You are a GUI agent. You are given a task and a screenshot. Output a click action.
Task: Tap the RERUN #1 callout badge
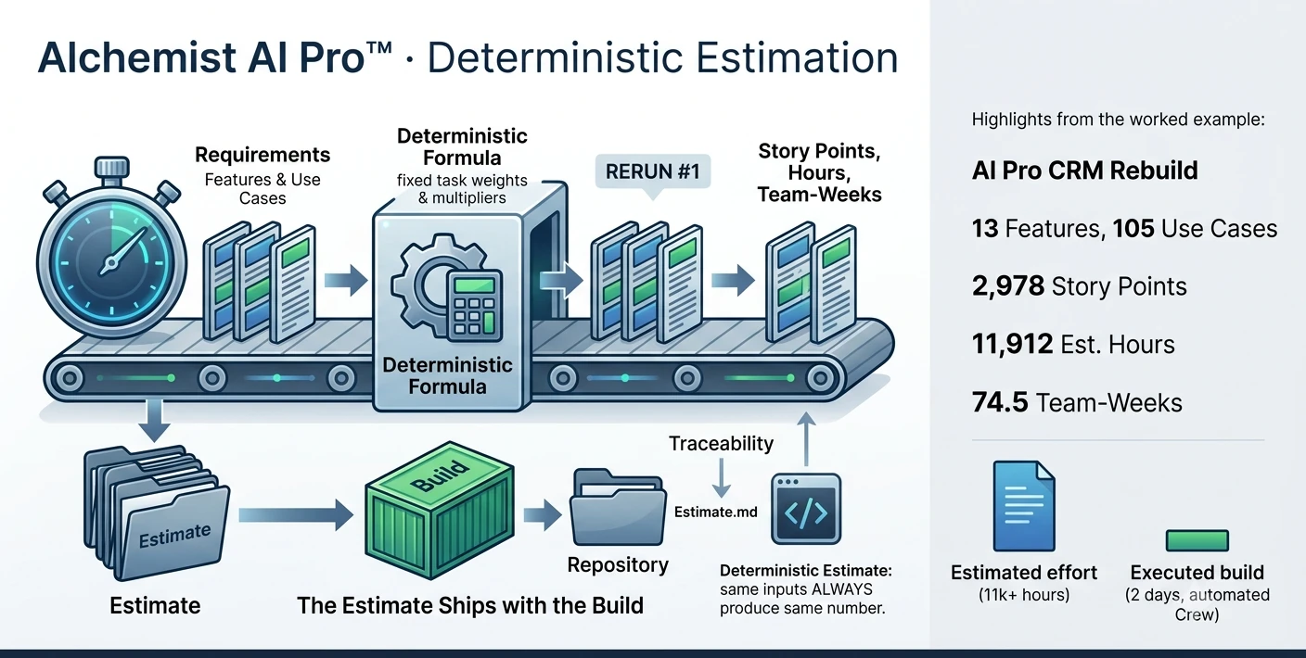(652, 171)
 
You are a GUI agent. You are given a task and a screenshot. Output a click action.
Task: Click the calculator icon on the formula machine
(474, 305)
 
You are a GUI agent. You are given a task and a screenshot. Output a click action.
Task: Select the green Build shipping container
(439, 510)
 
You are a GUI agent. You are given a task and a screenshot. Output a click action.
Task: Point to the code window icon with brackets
(806, 509)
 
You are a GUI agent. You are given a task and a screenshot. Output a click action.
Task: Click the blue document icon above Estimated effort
(1024, 505)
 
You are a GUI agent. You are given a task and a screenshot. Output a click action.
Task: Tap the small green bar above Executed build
(1197, 540)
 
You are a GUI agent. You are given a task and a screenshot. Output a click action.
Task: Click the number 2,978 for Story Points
(1008, 286)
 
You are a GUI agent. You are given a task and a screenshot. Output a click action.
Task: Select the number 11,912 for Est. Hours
(1012, 344)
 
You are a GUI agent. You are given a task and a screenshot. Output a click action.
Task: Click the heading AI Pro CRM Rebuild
(1084, 171)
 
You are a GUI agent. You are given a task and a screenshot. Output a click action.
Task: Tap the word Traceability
(721, 444)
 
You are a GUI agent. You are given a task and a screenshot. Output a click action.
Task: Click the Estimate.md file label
(716, 512)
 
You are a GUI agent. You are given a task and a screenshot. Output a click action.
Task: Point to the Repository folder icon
(618, 507)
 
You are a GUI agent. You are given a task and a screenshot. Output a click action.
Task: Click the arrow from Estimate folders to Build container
(296, 514)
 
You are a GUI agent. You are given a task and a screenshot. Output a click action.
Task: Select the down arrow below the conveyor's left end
(155, 421)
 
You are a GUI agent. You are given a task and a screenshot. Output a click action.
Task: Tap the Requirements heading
(262, 155)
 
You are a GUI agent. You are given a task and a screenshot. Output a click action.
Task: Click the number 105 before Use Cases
(1133, 228)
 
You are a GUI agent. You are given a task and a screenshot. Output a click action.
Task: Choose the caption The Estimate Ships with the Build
(470, 605)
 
